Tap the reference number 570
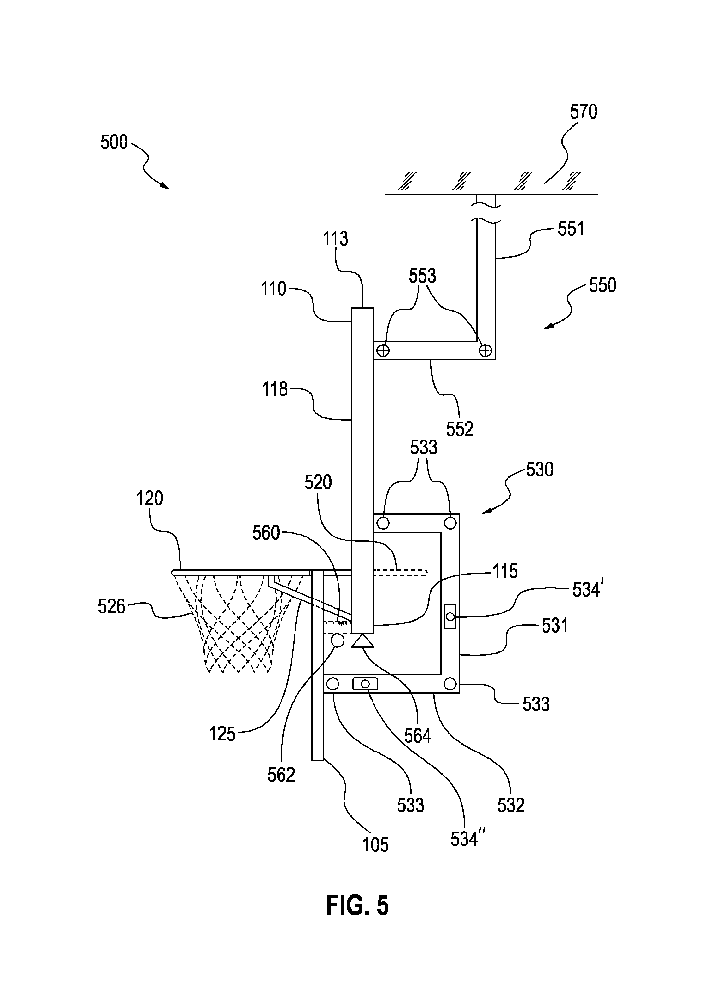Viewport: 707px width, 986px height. tap(583, 112)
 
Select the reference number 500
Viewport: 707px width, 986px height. tap(114, 142)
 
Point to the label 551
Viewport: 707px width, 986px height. tap(571, 229)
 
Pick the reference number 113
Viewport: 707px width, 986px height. tap(335, 239)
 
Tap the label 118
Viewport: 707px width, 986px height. tap(275, 389)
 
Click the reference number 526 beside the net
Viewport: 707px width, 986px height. tap(111, 606)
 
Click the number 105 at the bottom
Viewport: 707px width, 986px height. tap(375, 845)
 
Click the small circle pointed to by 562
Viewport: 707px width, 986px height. tap(338, 640)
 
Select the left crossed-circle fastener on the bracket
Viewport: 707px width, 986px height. tap(383, 350)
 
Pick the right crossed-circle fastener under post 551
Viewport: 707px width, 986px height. tap(485, 350)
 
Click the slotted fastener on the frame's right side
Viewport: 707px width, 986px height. tap(450, 616)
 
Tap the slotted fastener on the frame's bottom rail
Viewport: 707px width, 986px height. tap(365, 684)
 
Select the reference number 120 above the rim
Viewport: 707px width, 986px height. tap(150, 499)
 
